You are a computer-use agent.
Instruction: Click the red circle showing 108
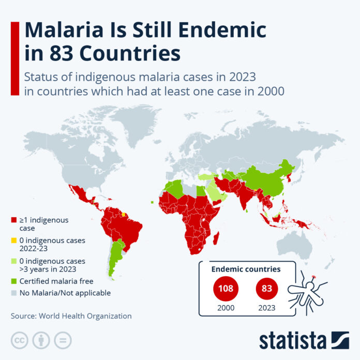[226, 288]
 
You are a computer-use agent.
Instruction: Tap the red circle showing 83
[266, 288]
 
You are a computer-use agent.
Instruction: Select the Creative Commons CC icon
[19, 340]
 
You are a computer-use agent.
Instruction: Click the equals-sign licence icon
[63, 340]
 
